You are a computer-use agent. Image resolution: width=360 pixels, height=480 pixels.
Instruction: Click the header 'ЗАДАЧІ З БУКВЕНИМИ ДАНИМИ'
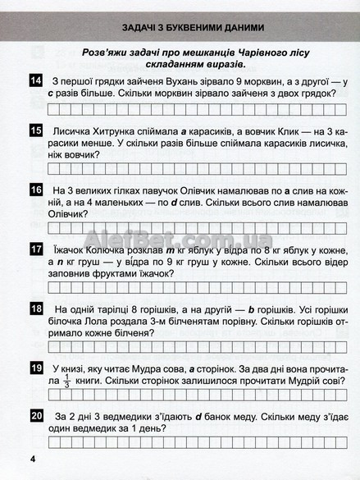pos(180,24)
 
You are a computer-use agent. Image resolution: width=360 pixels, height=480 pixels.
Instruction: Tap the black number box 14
pos(35,80)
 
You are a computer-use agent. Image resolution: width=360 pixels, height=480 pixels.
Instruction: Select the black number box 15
pos(35,131)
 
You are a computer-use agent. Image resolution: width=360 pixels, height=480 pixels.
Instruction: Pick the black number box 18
pos(35,309)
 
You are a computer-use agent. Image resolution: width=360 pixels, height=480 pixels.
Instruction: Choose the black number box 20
pos(35,417)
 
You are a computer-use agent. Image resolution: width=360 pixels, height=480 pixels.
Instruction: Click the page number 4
pos(33,457)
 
